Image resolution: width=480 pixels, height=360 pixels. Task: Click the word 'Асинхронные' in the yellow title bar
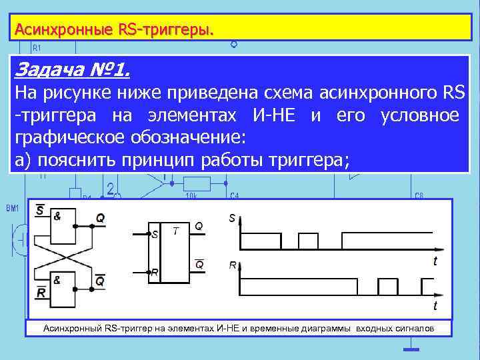point(64,29)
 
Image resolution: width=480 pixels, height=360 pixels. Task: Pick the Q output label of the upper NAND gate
point(99,217)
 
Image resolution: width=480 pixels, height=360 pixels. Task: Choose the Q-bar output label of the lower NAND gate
point(99,281)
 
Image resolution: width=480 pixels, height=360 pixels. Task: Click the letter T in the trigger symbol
point(175,231)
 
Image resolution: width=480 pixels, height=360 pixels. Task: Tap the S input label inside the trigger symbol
point(155,235)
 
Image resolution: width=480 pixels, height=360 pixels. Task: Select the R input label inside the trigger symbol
point(155,273)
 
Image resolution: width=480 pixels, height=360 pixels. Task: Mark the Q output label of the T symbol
point(199,226)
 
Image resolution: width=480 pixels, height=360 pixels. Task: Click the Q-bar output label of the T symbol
point(199,264)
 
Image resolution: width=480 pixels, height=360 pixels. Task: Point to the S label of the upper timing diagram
point(232,218)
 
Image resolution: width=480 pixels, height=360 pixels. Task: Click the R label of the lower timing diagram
point(233,265)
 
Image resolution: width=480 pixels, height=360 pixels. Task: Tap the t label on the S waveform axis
point(435,261)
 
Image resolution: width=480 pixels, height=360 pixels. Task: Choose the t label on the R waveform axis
point(435,306)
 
